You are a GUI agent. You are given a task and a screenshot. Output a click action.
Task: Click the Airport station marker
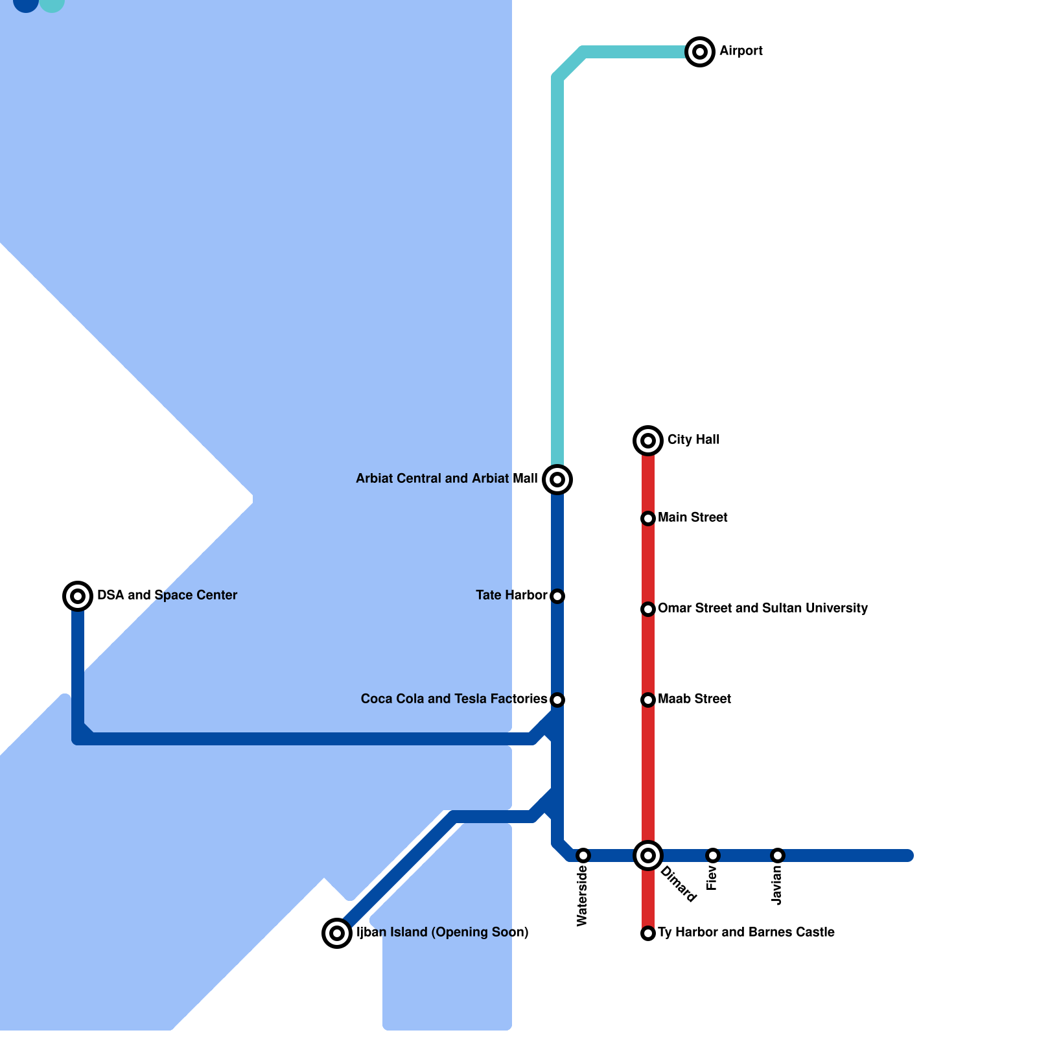pos(700,52)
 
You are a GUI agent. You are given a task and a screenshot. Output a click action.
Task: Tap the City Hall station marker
pos(648,441)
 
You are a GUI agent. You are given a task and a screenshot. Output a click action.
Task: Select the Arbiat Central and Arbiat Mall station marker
pos(557,480)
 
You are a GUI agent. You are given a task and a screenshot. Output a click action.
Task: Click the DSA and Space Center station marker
pos(78,596)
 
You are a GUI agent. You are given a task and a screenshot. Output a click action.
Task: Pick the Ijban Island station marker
pos(337,933)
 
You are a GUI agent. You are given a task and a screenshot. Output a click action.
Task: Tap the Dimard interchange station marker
pos(648,856)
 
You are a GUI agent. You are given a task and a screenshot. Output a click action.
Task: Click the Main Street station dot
pos(648,518)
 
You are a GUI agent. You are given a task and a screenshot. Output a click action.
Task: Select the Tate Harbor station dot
pos(557,596)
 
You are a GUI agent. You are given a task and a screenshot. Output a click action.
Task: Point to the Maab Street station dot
pos(648,700)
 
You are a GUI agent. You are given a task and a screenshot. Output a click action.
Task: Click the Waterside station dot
pos(583,856)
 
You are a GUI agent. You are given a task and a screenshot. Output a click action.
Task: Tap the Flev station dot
pos(713,856)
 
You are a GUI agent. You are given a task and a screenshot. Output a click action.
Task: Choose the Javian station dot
pos(778,856)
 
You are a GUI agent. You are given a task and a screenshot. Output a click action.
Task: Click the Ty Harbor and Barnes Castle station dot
pos(648,933)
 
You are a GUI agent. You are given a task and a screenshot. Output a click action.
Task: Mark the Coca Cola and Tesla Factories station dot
pos(557,700)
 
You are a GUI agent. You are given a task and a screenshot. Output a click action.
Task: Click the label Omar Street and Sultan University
pos(762,608)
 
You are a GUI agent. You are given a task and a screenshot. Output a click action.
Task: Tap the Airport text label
pos(741,51)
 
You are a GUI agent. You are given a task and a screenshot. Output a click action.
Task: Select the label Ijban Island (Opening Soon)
pos(443,932)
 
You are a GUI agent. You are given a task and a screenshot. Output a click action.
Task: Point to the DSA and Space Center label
pos(167,595)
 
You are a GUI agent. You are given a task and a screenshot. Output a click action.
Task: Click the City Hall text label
pos(693,439)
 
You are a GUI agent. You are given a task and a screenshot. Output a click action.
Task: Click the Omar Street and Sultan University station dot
pos(648,609)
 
